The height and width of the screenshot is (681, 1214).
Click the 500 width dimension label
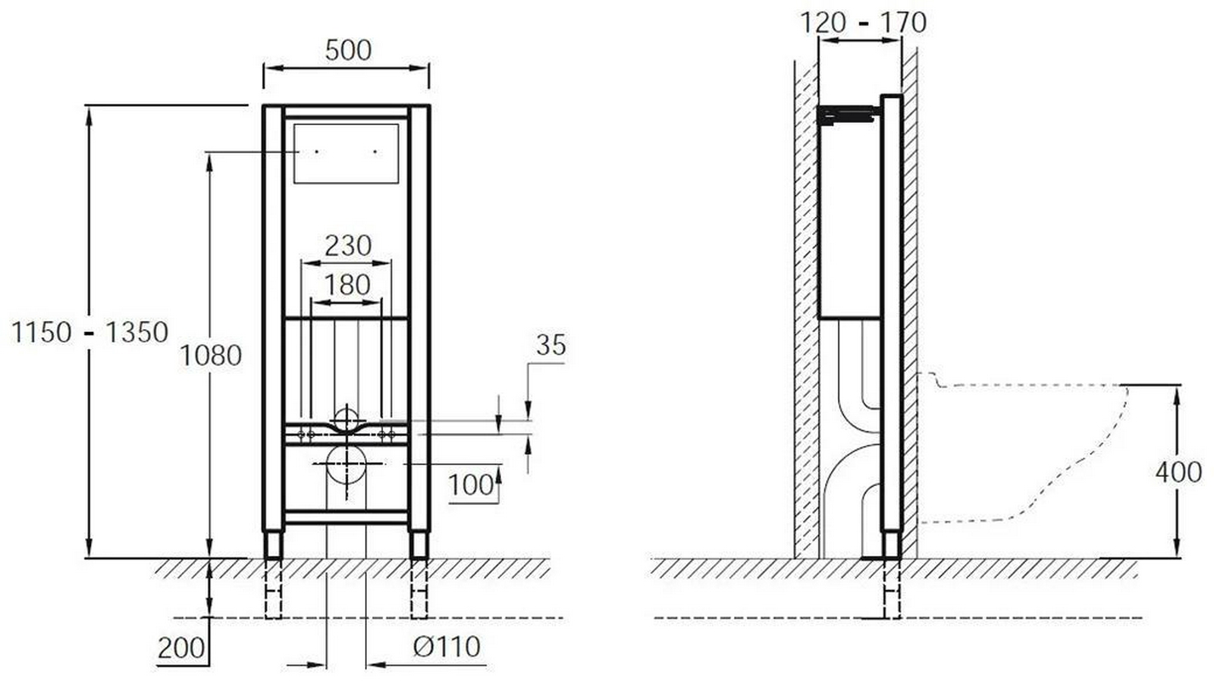[348, 50]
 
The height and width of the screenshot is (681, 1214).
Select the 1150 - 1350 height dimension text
[90, 332]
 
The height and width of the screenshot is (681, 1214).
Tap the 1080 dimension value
[211, 356]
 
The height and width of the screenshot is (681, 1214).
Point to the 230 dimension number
[348, 246]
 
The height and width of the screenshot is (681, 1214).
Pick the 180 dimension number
[347, 284]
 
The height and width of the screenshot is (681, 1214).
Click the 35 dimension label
[550, 345]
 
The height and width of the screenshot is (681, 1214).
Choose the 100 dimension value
[471, 485]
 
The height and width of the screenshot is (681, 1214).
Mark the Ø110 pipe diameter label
[447, 646]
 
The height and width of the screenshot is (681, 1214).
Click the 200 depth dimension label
[181, 648]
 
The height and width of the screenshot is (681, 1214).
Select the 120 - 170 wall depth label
[863, 23]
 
